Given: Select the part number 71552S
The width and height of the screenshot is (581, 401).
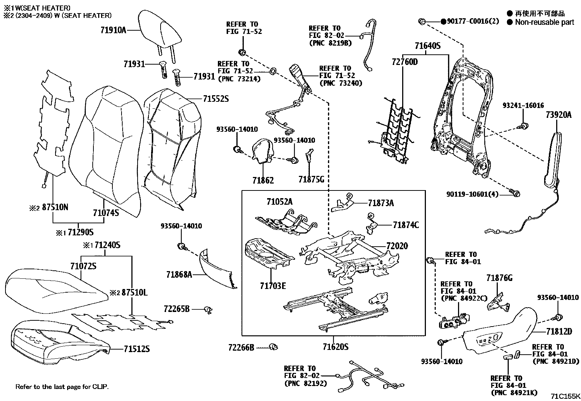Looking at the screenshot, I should pyautogui.click(x=216, y=99).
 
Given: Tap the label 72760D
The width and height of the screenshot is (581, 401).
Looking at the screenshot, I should pyautogui.click(x=405, y=62).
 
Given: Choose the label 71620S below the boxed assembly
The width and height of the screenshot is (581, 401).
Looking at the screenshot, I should pyautogui.click(x=335, y=346).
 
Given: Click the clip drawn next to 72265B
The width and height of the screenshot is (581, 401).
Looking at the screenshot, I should pyautogui.click(x=208, y=310).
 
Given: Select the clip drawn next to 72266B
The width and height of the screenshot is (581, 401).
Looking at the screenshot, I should pyautogui.click(x=273, y=347).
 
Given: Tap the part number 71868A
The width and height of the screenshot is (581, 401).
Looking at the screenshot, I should pyautogui.click(x=179, y=274).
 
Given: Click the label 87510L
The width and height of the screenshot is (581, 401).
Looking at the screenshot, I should pyautogui.click(x=134, y=293).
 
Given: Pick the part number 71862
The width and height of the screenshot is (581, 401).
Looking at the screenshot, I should pyautogui.click(x=263, y=180).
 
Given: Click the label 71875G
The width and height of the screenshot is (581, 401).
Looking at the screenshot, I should pyautogui.click(x=311, y=180).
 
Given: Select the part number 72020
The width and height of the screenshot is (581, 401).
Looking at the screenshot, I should pyautogui.click(x=397, y=246).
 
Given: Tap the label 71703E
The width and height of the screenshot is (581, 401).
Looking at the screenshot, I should pyautogui.click(x=273, y=286).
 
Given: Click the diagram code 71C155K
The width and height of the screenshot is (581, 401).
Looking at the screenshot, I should pyautogui.click(x=565, y=396).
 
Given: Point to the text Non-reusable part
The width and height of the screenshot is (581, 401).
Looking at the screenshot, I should pyautogui.click(x=545, y=22).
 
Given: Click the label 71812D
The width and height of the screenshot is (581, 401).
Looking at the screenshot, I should pyautogui.click(x=559, y=331).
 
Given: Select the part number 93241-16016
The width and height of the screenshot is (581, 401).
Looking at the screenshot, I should pyautogui.click(x=523, y=105).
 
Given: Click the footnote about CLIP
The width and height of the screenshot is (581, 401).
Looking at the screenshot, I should pyautogui.click(x=62, y=386).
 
